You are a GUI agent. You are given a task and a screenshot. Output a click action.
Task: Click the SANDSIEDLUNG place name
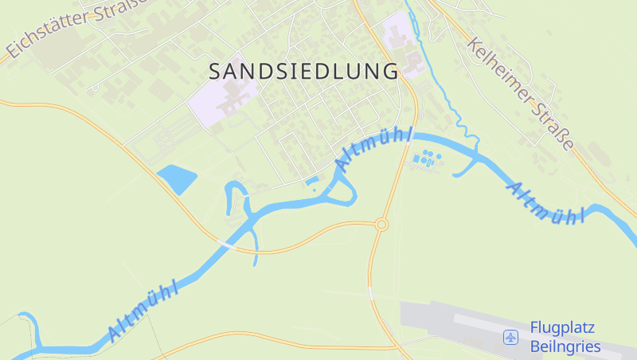tap(303, 71)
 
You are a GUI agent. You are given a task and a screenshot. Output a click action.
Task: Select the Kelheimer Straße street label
tap(521, 93)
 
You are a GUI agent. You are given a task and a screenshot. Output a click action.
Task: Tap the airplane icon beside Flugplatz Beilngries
tap(510, 338)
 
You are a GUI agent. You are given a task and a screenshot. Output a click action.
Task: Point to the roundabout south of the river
tap(381, 225)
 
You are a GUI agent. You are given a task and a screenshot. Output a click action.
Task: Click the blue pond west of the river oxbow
tap(177, 178)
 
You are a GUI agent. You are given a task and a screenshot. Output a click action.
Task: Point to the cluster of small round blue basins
tap(428, 158)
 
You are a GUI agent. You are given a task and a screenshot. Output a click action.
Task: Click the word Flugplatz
tap(562, 328)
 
